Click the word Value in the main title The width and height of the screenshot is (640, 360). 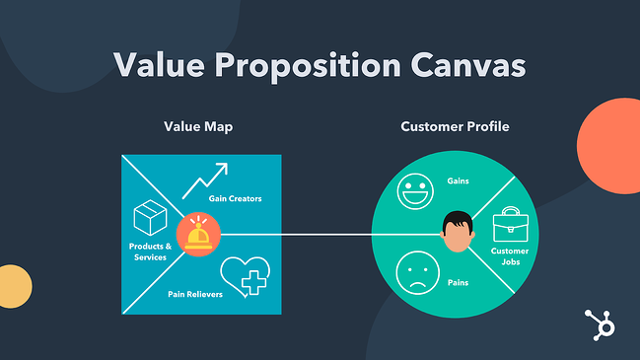pyautogui.click(x=159, y=65)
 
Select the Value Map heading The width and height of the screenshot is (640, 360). pyautogui.click(x=201, y=127)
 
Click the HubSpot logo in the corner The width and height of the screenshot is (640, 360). pyautogui.click(x=596, y=325)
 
